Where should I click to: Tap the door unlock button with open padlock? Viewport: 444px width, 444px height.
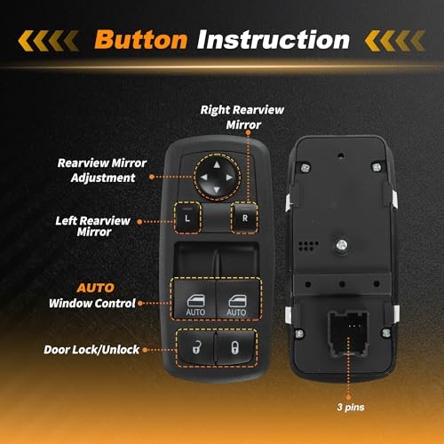click(193, 346)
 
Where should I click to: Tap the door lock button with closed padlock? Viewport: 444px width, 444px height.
click(234, 346)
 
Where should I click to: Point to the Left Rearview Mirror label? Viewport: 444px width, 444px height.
click(92, 226)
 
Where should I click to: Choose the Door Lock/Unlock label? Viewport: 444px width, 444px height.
click(91, 349)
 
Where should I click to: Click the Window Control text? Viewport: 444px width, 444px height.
click(93, 303)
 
